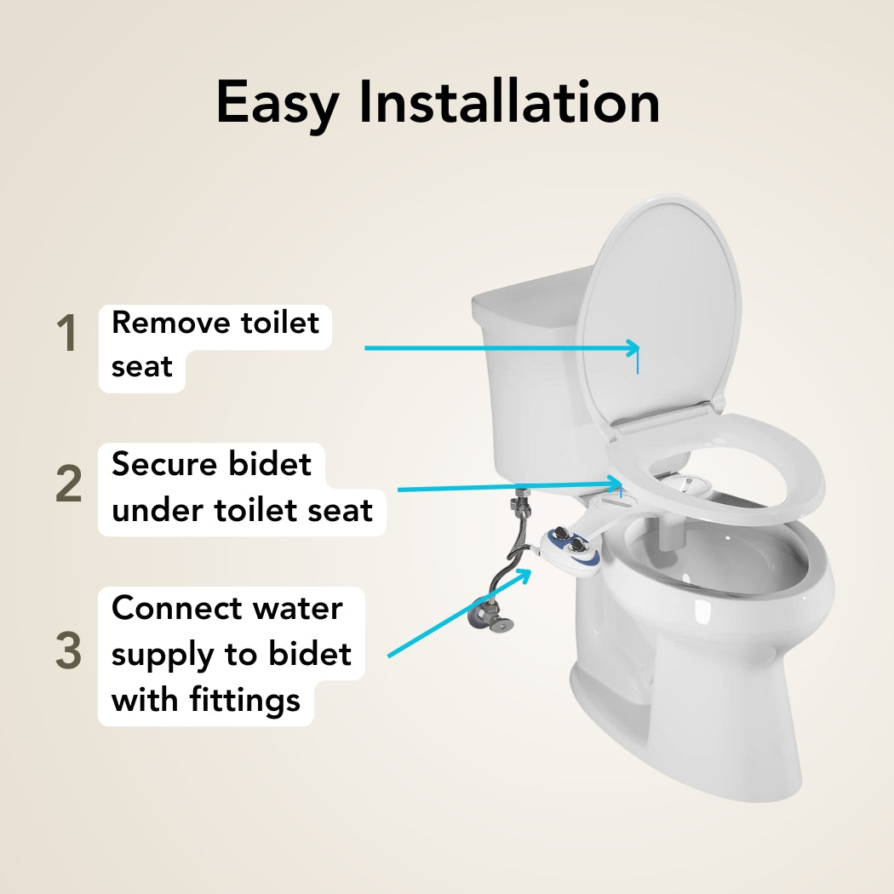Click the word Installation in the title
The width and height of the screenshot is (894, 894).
point(510,100)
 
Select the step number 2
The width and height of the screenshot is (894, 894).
point(68,484)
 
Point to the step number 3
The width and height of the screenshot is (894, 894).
point(68,650)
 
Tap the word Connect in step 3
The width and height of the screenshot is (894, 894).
point(177,608)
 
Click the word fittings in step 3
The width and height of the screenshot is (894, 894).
point(244,701)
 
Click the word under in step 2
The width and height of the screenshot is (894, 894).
point(158,510)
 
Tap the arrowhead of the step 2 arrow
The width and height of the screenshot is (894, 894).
point(616,484)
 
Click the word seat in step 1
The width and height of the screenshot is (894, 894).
point(141,367)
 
